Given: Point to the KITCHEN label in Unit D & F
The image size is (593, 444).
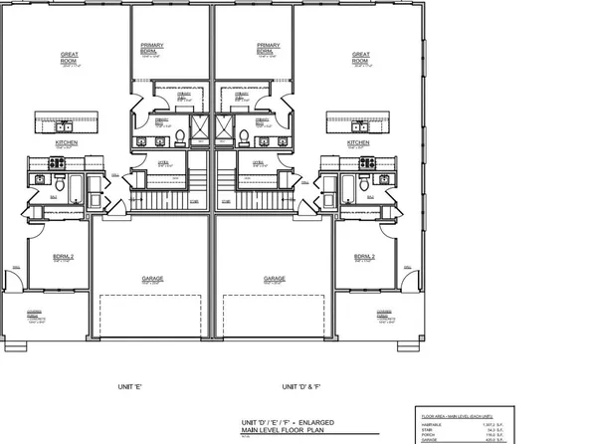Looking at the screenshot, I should click(x=358, y=143).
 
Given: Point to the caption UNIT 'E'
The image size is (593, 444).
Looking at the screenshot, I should click(x=123, y=386).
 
